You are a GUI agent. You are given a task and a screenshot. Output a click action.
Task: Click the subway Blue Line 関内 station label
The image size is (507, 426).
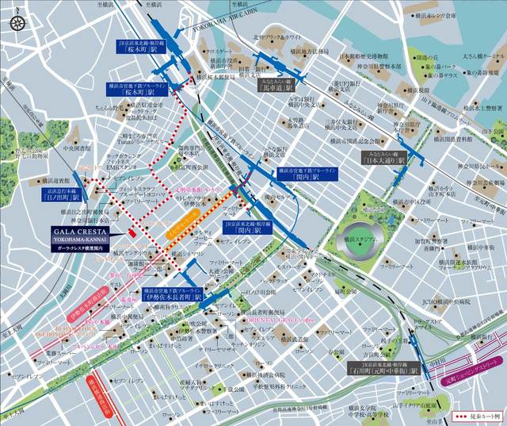click(x=297, y=175)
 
